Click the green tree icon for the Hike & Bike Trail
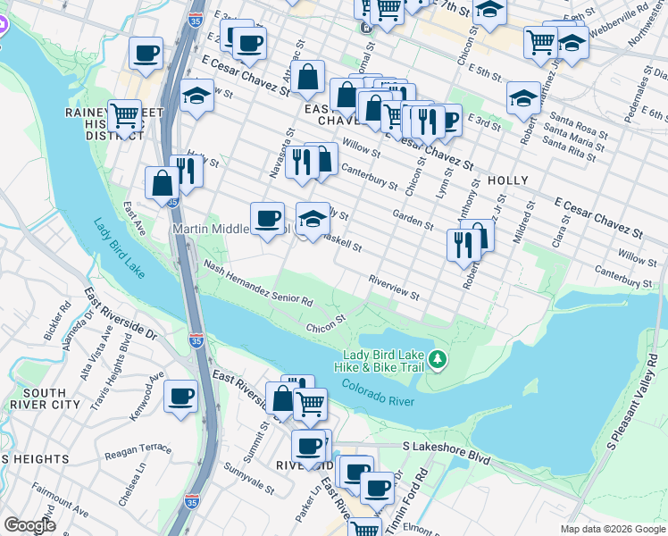tap(437, 359)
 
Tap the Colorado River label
tap(377, 393)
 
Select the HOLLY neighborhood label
tap(508, 180)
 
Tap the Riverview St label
tap(394, 289)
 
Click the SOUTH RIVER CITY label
tap(45, 398)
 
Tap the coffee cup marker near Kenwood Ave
tap(180, 396)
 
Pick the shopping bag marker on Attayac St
tap(307, 78)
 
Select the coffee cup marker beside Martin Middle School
tap(266, 219)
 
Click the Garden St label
tap(413, 221)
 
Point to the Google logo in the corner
tap(29, 525)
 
